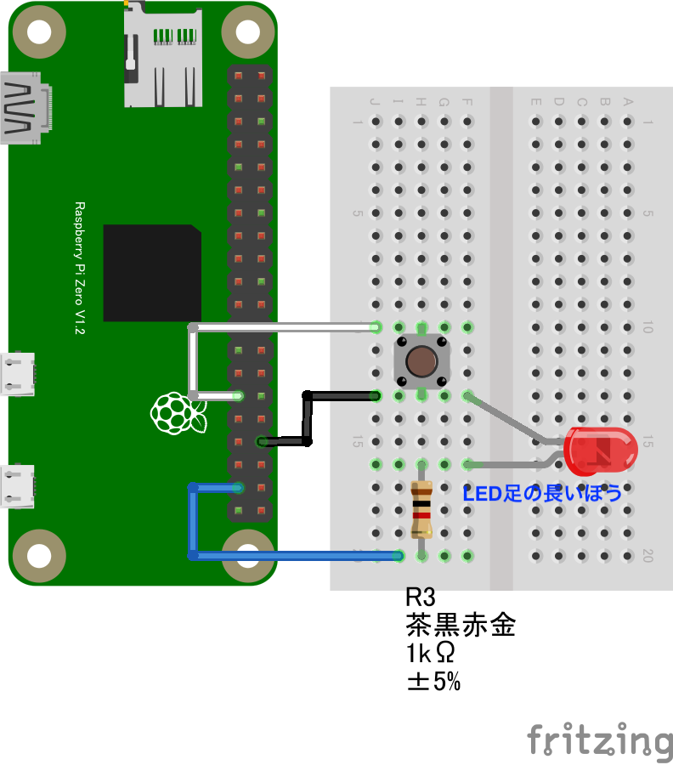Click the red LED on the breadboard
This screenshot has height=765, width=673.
(x=601, y=451)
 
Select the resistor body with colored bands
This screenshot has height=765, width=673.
(x=421, y=510)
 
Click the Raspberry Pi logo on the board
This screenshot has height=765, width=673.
(x=178, y=414)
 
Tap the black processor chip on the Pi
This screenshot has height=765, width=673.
(x=152, y=273)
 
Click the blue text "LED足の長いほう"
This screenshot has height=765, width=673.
(x=542, y=493)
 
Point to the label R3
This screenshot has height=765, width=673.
(x=421, y=598)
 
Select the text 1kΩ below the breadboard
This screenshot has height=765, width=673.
(x=430, y=654)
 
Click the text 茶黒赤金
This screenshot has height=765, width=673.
(x=461, y=626)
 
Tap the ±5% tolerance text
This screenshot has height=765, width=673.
(x=433, y=681)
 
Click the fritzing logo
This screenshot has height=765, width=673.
(x=599, y=739)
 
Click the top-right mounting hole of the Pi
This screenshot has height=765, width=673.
(x=246, y=31)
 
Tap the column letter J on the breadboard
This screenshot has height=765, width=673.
(x=375, y=103)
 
